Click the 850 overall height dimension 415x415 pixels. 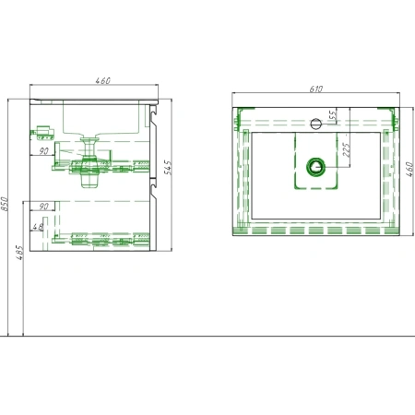(x=5, y=204)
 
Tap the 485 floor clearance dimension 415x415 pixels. (x=19, y=253)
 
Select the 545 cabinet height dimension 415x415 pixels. (x=168, y=167)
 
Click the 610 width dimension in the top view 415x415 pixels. (x=315, y=89)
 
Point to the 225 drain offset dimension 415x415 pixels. (x=347, y=149)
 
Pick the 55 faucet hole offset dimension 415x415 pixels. (x=333, y=114)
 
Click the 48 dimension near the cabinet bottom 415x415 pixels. (x=38, y=227)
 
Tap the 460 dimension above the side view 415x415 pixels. (x=102, y=80)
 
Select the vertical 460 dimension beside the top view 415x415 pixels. (x=409, y=169)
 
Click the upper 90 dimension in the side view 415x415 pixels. (x=43, y=151)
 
